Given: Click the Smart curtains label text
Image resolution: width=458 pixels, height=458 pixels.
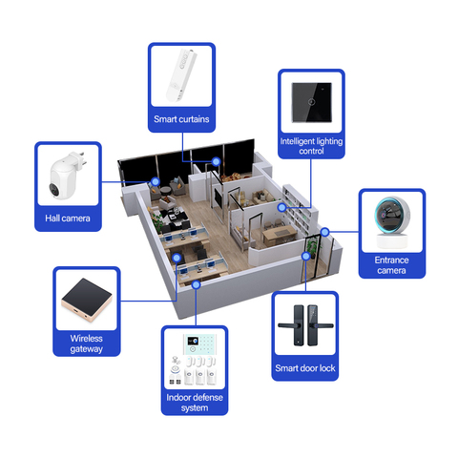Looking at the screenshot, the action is click(x=181, y=119).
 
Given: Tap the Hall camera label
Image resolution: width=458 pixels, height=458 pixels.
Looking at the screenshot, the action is click(x=68, y=219).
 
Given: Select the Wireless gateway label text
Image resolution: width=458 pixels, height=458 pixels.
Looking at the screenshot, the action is click(x=86, y=343).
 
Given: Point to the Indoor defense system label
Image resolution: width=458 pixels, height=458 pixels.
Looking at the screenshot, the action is click(x=195, y=403).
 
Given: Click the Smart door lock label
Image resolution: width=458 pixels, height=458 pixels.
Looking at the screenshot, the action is click(x=305, y=368).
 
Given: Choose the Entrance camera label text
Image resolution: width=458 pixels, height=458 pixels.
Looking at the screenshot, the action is click(x=391, y=265).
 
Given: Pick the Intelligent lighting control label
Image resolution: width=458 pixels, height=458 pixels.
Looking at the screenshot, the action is click(x=311, y=146).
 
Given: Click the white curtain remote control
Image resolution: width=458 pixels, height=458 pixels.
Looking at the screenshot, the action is click(x=181, y=75).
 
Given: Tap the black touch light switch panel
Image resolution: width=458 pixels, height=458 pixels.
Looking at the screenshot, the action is click(x=312, y=102).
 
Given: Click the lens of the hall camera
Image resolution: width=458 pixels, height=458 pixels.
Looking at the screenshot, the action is click(x=54, y=189).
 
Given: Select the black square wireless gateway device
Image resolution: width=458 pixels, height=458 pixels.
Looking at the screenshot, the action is click(x=87, y=300).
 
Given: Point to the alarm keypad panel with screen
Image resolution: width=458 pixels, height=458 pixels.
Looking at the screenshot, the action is click(x=199, y=343).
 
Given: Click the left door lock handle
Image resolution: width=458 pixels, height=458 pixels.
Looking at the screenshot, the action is click(x=292, y=325).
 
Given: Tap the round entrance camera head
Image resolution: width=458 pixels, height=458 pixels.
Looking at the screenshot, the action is click(x=392, y=215).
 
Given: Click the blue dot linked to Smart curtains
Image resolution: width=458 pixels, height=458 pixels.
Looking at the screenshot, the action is click(x=217, y=161).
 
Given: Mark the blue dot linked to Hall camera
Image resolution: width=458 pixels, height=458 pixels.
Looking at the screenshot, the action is click(x=156, y=181).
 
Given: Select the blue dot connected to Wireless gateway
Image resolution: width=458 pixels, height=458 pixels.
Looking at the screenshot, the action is click(x=177, y=258).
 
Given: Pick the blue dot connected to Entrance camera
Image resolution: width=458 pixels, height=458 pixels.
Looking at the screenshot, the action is click(x=324, y=232).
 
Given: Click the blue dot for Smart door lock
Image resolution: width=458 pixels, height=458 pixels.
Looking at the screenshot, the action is click(x=305, y=256).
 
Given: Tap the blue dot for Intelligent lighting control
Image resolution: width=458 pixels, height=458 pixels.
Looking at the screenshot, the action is click(x=281, y=207).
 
